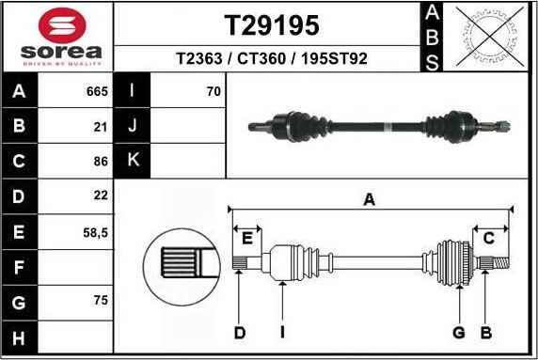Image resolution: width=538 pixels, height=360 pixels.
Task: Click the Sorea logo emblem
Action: [56, 23]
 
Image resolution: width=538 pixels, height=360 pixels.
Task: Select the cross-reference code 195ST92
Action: [332, 58]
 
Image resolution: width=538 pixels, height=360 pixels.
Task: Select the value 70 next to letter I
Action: [213, 91]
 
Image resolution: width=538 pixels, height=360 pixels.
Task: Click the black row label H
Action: [19, 336]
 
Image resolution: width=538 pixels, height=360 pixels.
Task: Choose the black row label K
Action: [132, 161]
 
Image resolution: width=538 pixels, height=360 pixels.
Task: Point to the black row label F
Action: [19, 266]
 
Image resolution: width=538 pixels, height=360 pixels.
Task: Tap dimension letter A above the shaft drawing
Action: [370, 198]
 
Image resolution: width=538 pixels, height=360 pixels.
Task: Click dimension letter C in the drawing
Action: [489, 238]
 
